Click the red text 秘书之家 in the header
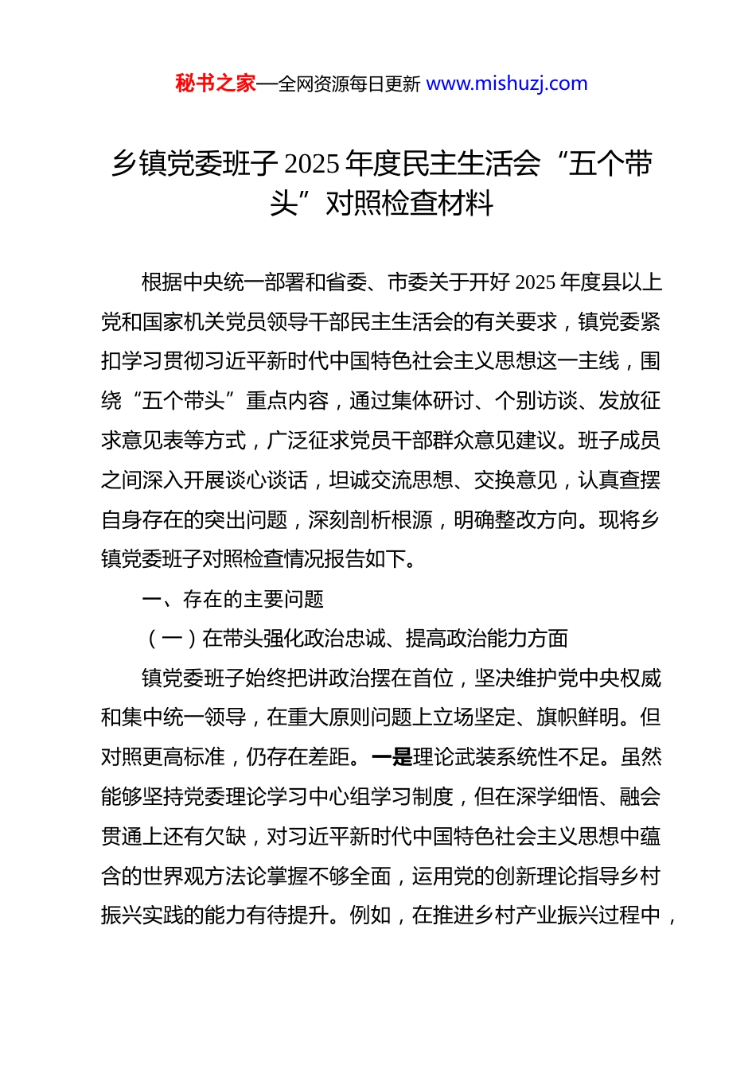tap(216, 84)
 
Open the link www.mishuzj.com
tap(507, 84)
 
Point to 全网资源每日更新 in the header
tap(349, 84)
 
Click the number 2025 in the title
tap(312, 165)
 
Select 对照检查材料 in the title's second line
tap(410, 204)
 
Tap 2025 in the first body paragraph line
tap(536, 283)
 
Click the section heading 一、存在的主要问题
tap(232, 599)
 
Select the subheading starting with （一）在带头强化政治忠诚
tap(356, 639)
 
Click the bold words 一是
tap(392, 757)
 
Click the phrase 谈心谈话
tap(267, 480)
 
